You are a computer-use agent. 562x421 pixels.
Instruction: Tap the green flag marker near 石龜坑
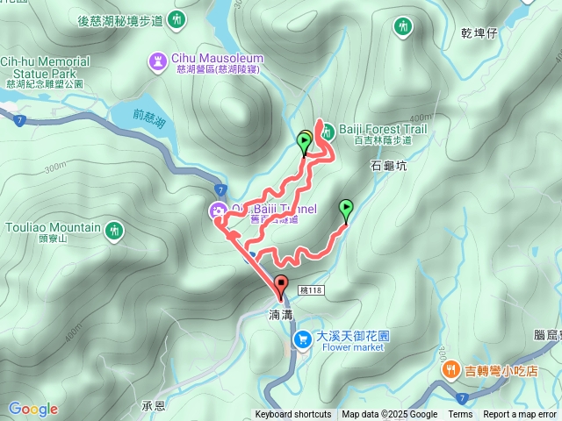pos(346,210)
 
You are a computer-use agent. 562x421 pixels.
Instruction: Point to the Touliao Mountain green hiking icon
pos(114,231)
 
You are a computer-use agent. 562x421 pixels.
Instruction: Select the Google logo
pos(32,409)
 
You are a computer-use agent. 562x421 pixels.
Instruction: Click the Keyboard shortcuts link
pos(293,415)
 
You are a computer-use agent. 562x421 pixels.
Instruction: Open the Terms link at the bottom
pos(460,415)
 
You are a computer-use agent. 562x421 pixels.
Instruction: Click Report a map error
pos(521,415)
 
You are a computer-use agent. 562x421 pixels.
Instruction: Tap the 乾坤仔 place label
pos(479,33)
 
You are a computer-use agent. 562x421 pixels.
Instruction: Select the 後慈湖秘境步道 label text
pos(119,19)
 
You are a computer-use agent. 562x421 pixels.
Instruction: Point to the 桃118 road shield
pos(311,289)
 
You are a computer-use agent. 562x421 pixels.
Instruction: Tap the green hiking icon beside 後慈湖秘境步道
pos(178,19)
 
